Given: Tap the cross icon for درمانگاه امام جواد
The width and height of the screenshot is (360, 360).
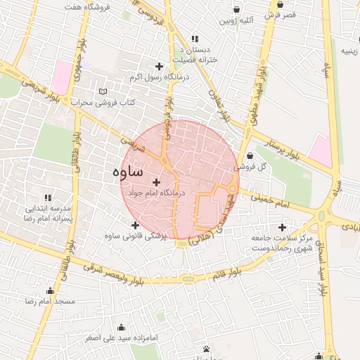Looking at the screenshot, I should point(156,182).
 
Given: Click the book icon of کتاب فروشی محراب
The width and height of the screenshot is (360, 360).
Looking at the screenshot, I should point(104,91).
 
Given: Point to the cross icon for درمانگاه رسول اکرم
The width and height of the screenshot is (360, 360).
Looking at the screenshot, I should point(160,65).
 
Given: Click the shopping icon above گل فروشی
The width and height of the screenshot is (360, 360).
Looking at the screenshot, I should point(250,155).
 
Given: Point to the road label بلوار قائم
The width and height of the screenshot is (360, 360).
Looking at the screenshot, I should point(226,273).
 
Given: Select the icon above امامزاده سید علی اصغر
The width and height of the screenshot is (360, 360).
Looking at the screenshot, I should point(122,328).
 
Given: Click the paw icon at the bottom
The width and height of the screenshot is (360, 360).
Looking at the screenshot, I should point(206,349).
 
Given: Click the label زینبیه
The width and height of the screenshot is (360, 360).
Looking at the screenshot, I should point(349,51).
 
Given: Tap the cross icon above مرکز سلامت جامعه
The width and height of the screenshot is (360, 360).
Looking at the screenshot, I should point(283,227).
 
